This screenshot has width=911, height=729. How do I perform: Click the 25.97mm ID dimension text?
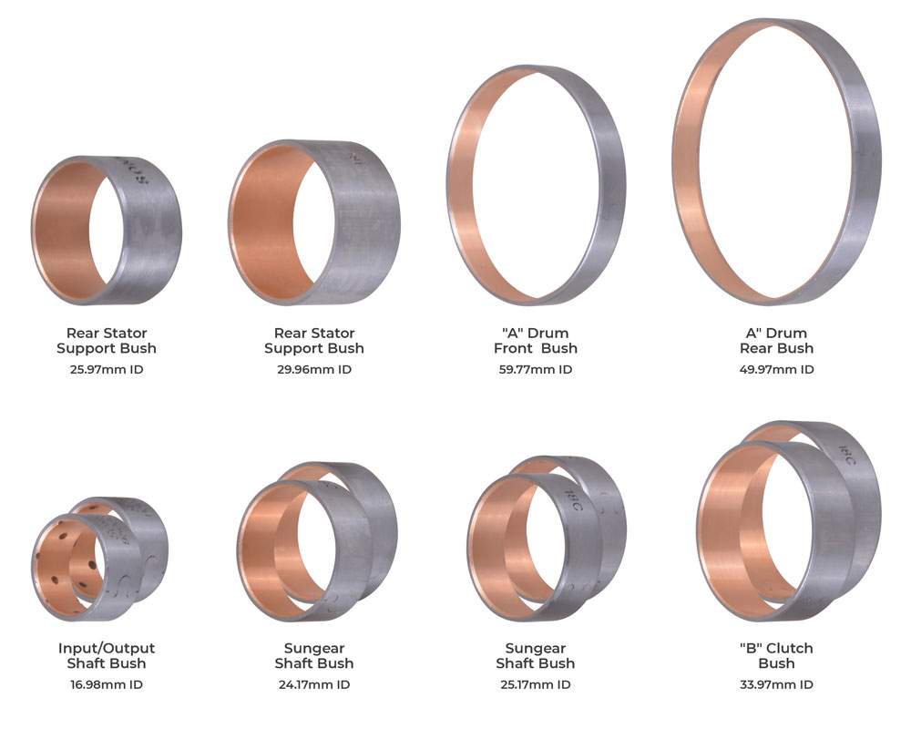coord(107,369)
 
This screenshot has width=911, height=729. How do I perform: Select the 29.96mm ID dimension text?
coord(313,369)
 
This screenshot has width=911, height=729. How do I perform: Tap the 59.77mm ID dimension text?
coord(535,369)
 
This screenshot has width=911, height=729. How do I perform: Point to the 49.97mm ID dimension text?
coord(776,369)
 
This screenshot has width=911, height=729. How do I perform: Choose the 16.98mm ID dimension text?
coord(107,684)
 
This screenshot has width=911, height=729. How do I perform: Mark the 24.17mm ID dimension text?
coord(313,684)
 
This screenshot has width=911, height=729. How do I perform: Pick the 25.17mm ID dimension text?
coord(535,684)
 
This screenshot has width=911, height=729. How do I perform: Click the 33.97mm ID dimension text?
coord(776,684)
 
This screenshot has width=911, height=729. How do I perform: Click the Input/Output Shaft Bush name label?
coord(107,656)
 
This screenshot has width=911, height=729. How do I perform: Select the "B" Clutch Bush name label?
coord(776,656)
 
